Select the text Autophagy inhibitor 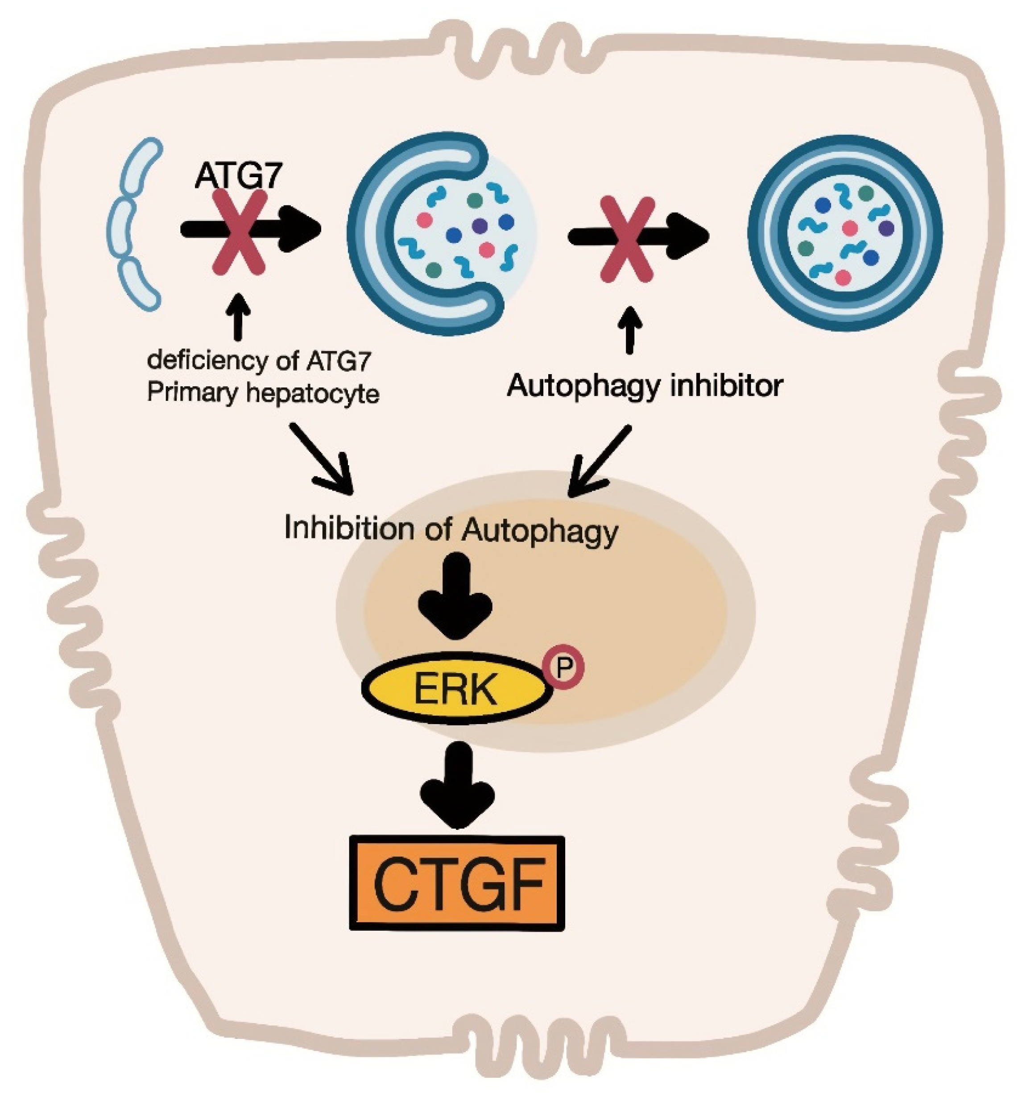(644, 386)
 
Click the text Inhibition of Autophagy (451, 530)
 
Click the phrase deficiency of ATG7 (259, 361)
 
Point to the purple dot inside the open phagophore (479, 225)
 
